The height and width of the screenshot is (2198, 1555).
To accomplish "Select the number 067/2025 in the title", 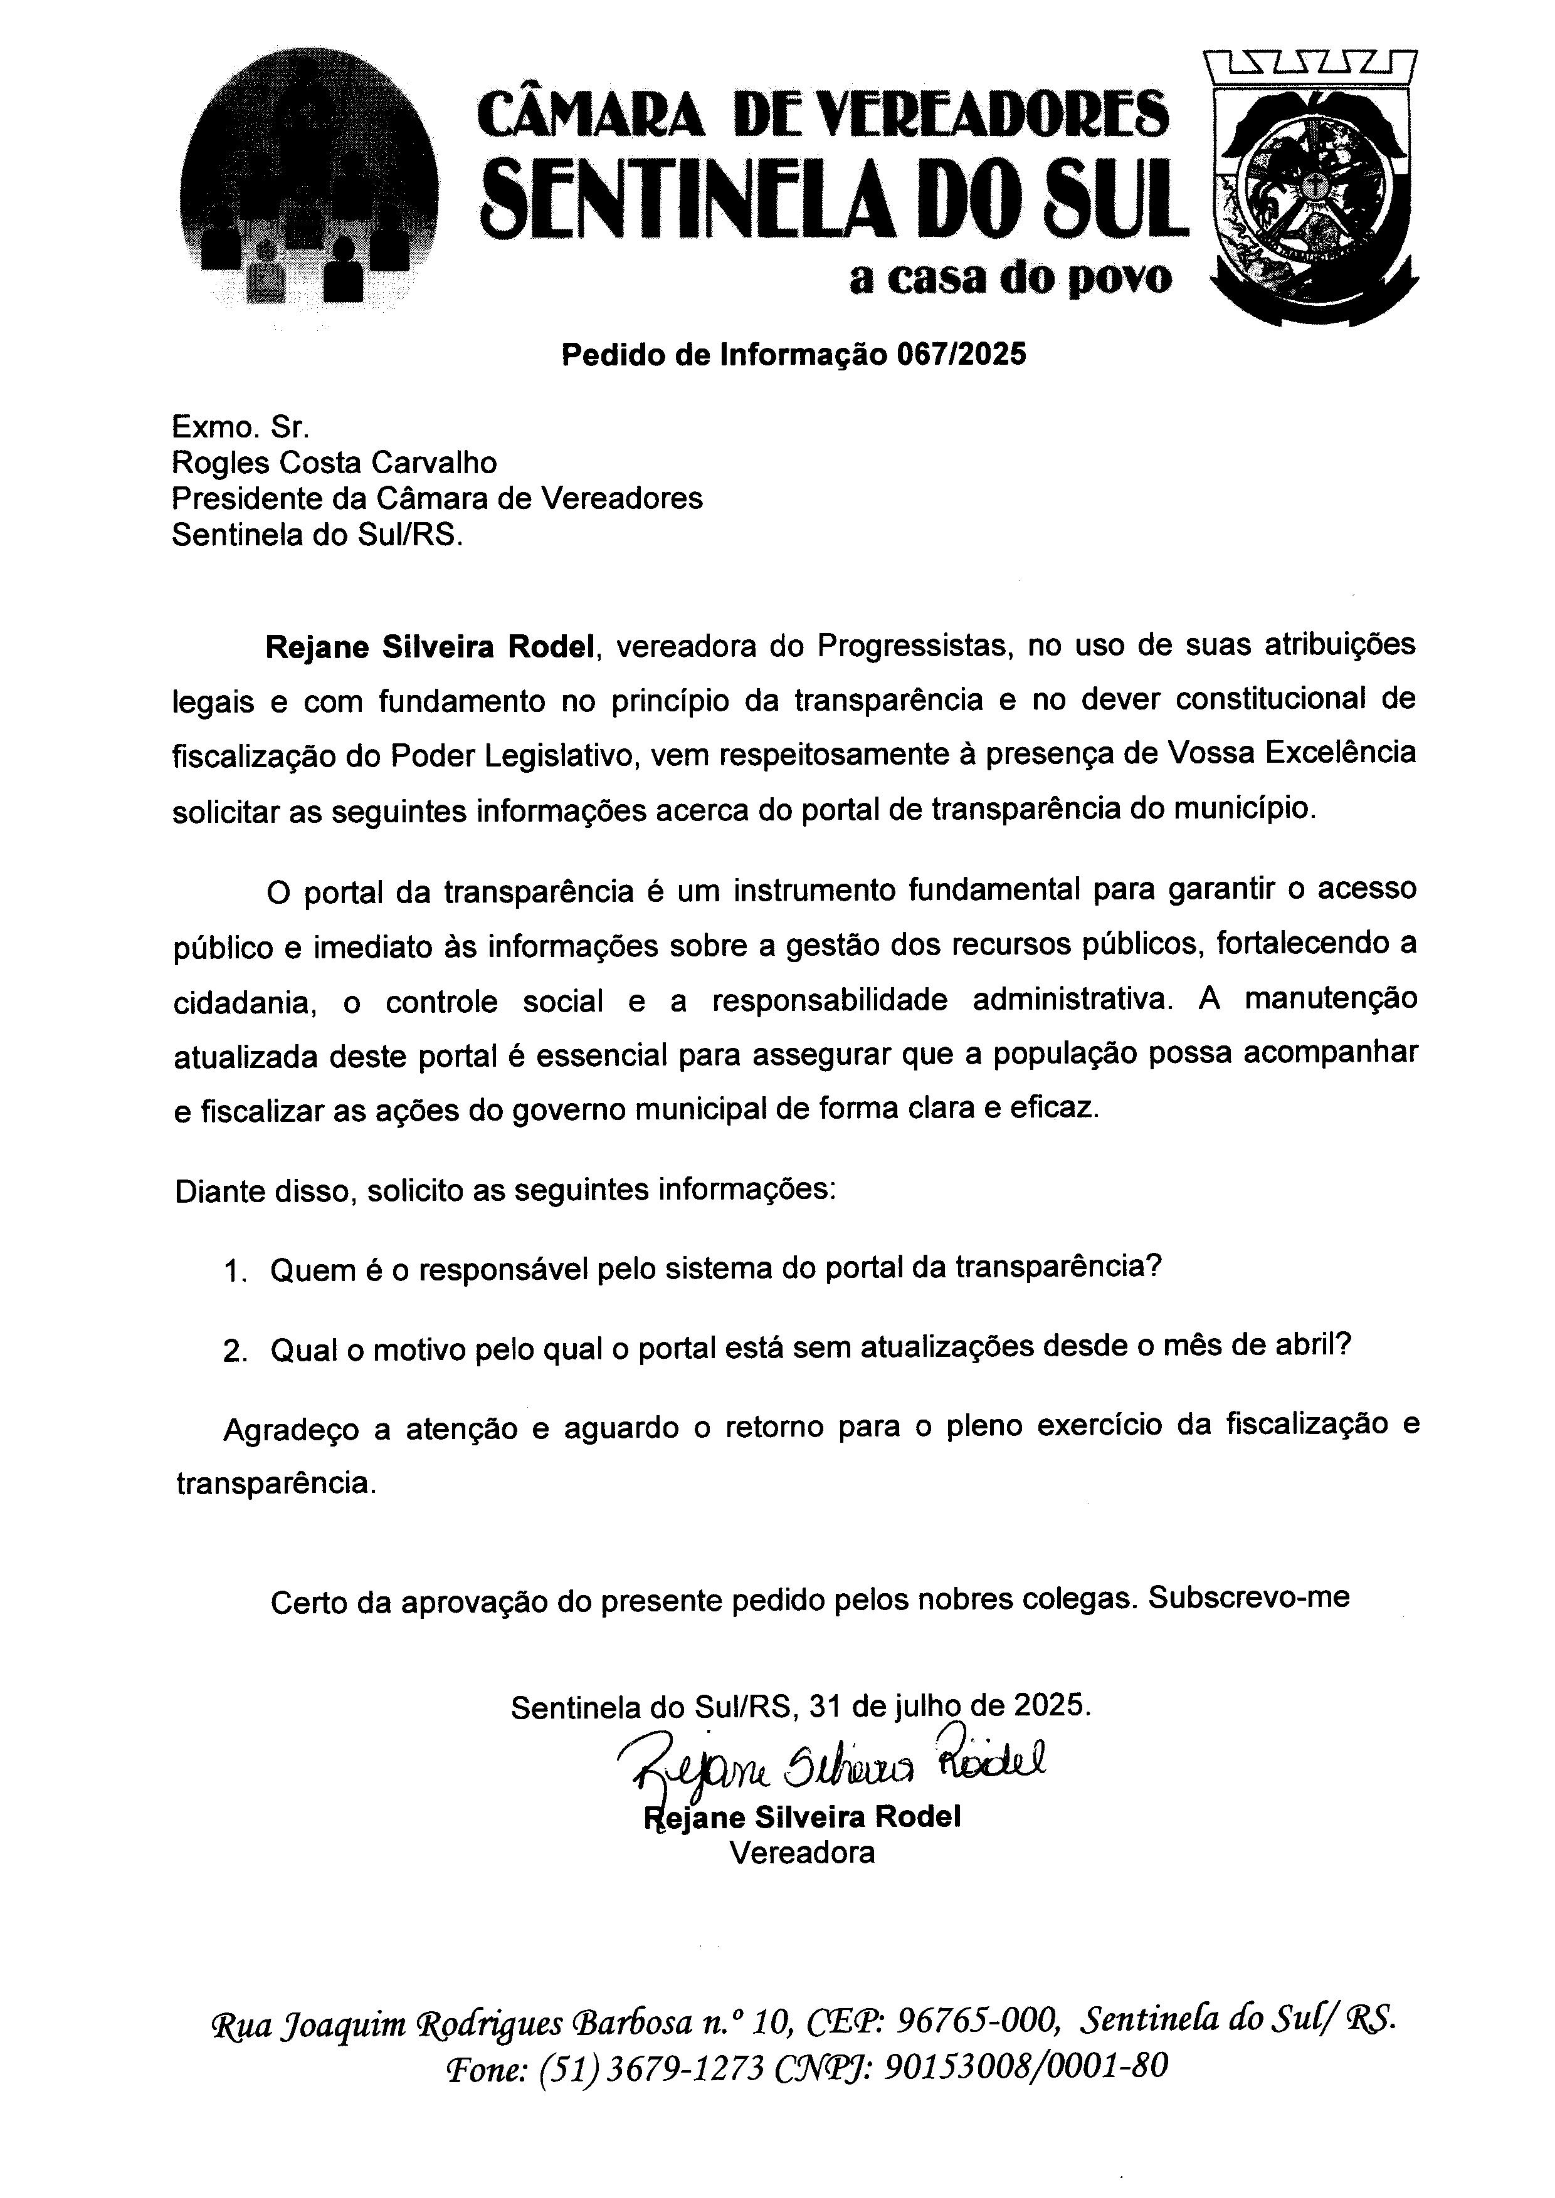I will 961,355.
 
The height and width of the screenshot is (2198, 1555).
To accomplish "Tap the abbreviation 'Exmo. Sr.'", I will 240,427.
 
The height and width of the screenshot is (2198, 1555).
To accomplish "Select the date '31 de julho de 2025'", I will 949,1707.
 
